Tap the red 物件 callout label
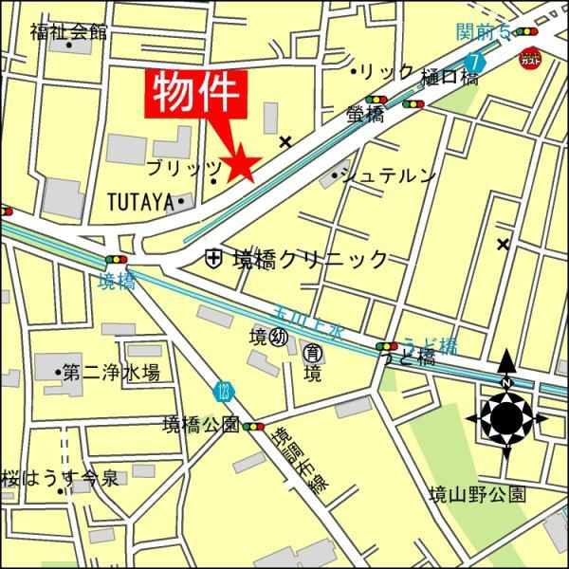198,96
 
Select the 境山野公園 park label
476,494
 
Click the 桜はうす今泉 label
60,478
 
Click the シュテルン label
389,175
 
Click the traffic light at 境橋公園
254,427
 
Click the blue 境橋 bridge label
117,281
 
